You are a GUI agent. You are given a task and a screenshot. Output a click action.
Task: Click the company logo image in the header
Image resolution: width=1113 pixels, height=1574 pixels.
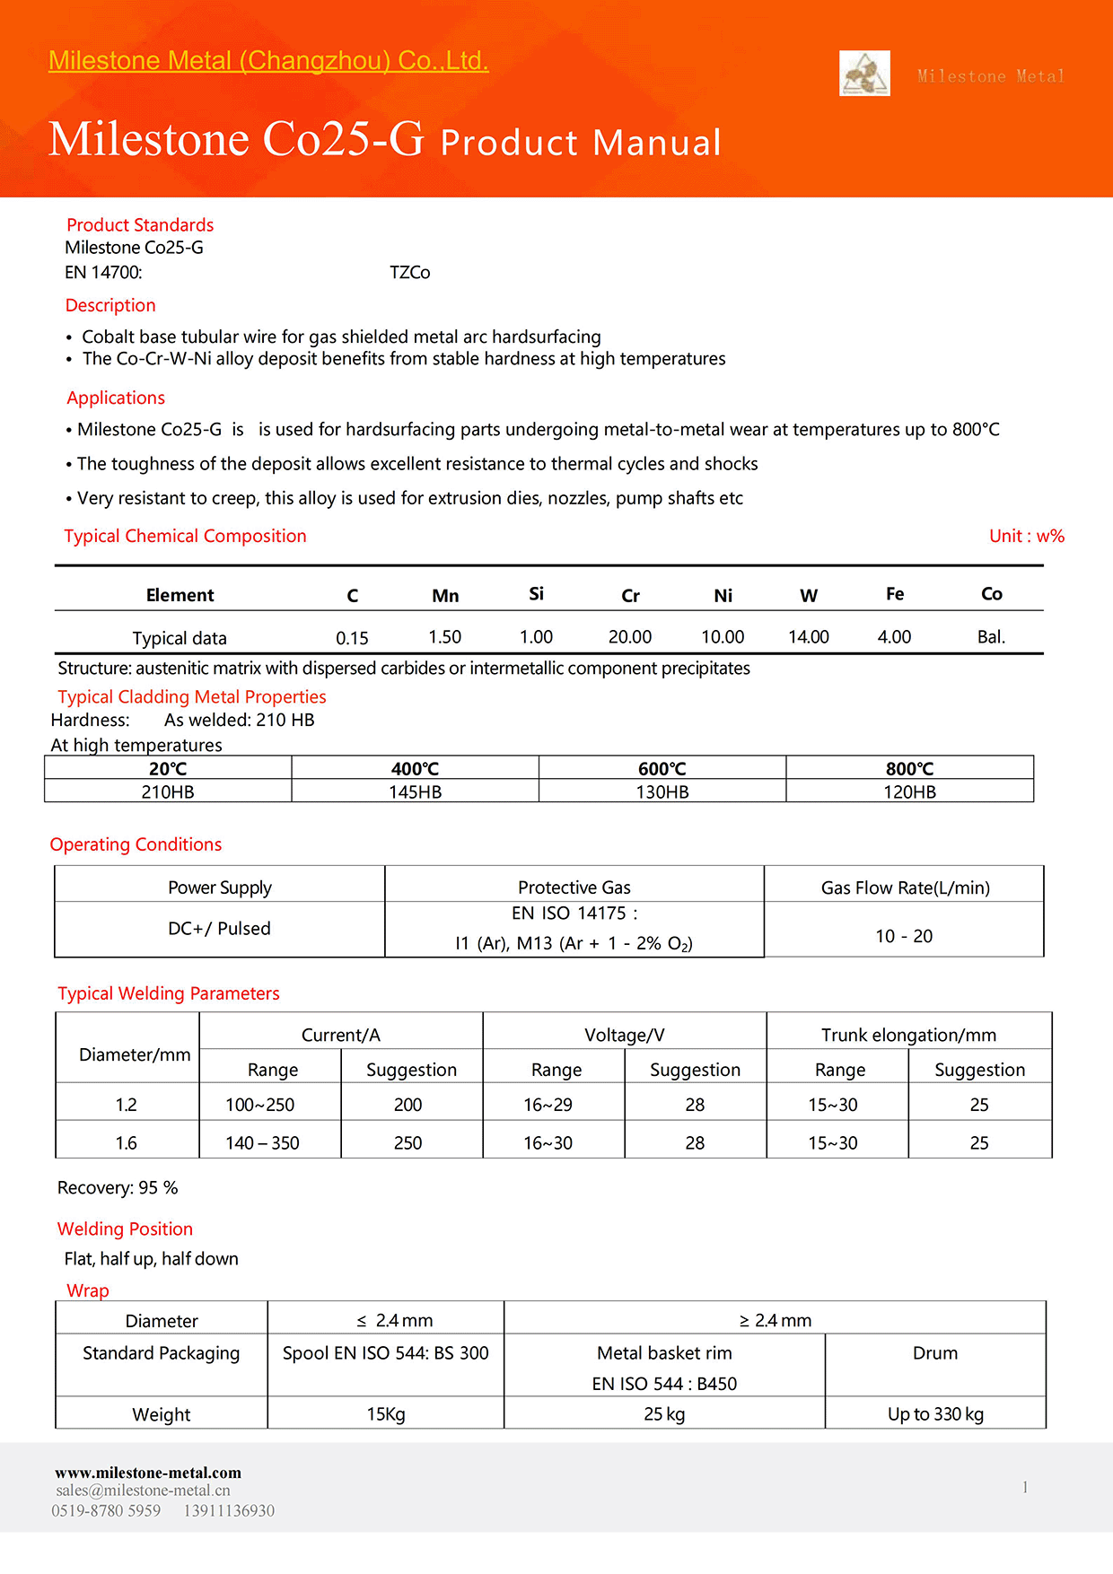864,74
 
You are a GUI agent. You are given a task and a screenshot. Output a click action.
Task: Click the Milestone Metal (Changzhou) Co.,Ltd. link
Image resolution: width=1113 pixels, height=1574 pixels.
268,61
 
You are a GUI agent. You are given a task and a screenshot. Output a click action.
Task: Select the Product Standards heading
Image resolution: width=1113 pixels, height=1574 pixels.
140,225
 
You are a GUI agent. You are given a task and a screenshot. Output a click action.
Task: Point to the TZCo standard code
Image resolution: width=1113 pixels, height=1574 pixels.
409,273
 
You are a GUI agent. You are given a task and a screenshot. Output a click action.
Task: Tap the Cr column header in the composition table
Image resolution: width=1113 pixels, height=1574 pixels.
630,596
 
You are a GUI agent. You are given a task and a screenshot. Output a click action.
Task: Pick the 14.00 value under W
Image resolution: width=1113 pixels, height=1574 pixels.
808,637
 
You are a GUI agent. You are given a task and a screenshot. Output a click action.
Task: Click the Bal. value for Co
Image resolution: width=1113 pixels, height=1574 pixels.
991,637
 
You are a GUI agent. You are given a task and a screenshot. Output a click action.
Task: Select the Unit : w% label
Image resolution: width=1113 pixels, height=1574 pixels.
1026,537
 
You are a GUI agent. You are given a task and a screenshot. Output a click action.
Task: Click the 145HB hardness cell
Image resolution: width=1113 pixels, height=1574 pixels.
415,792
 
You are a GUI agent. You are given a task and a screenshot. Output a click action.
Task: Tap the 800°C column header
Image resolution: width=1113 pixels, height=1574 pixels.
909,769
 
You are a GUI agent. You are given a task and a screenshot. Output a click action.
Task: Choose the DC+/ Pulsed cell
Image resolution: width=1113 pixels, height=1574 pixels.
219,929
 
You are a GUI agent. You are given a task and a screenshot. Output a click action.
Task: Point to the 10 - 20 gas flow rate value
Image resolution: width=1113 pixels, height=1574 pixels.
904,937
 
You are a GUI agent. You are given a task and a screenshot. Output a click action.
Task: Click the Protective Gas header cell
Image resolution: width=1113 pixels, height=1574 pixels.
574,888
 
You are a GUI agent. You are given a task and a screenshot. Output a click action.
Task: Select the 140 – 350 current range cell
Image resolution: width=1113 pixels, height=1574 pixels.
262,1143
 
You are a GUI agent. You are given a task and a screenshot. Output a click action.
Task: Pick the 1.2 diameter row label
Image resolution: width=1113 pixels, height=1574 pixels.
127,1106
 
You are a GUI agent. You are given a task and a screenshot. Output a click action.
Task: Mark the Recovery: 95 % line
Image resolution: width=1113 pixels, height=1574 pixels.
118,1188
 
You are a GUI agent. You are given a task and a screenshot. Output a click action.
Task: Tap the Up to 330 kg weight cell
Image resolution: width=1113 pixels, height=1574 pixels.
935,1414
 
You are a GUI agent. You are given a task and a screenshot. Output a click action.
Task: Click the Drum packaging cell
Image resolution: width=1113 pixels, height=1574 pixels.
935,1353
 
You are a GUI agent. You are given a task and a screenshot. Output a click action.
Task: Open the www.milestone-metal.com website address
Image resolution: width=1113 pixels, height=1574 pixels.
148,1473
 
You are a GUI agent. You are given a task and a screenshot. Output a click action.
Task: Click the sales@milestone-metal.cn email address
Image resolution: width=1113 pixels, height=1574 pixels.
143,1491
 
